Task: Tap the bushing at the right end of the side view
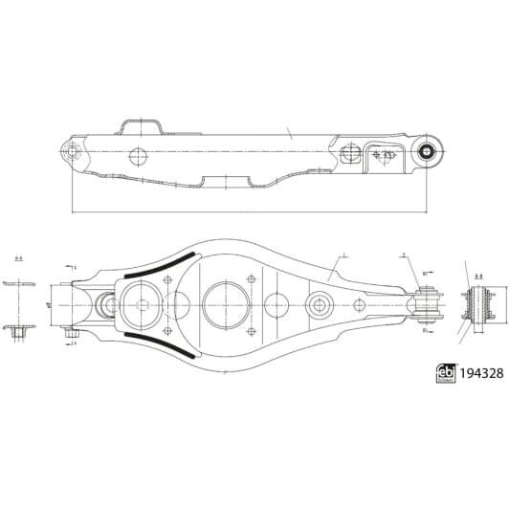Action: tap(429, 149)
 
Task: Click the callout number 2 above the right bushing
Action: tap(405, 255)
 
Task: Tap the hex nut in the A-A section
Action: tap(18, 332)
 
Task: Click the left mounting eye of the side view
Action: tap(71, 150)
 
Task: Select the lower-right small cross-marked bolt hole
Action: tap(251, 331)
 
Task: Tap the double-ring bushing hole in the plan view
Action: tap(319, 304)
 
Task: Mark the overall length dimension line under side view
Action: tap(249, 212)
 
